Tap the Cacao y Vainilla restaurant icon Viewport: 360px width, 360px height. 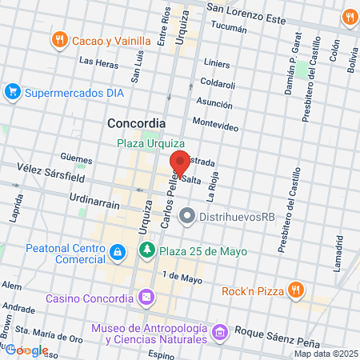pos(59,40)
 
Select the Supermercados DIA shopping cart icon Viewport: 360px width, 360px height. pos(12,92)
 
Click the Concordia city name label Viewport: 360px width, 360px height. pos(136,124)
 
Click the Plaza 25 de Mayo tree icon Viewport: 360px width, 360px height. pos(147,251)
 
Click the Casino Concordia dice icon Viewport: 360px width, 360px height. pos(146,298)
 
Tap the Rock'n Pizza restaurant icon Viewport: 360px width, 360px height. pos(295,290)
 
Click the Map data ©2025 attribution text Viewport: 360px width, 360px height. pos(325,354)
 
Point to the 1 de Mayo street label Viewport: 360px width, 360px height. pos(182,278)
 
